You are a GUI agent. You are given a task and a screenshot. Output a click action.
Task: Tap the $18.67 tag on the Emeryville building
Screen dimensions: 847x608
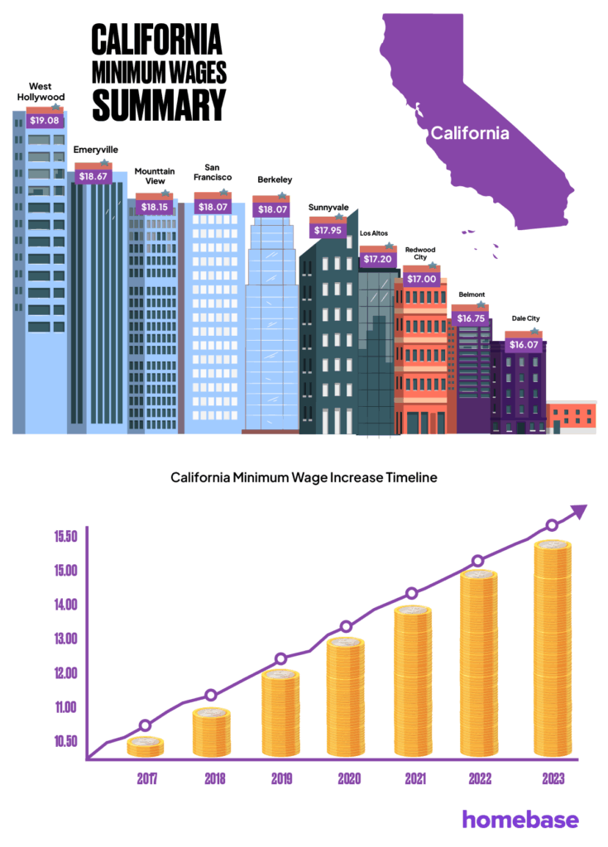pos(93,176)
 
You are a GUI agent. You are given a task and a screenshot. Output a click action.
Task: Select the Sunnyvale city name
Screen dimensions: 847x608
pos(328,207)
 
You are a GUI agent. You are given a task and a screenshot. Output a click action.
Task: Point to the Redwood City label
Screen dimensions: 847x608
pos(420,254)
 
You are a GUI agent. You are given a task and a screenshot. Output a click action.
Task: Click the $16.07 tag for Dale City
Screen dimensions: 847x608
pos(524,344)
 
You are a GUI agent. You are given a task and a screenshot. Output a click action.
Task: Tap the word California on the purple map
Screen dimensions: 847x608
pos(469,132)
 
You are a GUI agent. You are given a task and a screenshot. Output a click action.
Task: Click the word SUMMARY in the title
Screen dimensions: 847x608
pos(158,104)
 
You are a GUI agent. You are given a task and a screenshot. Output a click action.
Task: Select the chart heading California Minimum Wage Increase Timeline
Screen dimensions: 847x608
pos(304,477)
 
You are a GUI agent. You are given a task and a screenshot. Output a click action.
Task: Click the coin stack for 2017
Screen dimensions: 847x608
pos(146,745)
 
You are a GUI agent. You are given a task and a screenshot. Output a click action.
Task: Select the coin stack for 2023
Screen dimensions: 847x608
pos(552,649)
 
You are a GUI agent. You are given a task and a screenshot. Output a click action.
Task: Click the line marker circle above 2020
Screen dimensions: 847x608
pos(347,627)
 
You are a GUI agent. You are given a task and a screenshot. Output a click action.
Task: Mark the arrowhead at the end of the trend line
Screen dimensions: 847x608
pos(579,512)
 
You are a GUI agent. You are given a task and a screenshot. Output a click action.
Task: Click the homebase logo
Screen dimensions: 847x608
pos(520,819)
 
